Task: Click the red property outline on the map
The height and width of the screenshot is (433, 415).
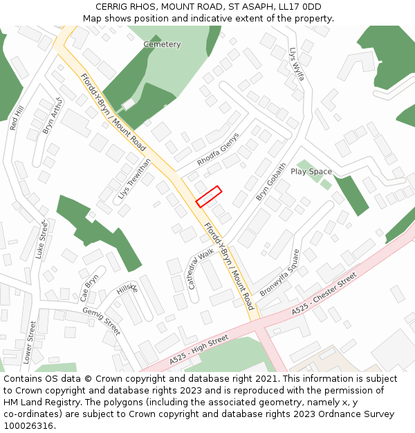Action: point(209,196)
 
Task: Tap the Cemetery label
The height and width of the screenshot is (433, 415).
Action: point(162,44)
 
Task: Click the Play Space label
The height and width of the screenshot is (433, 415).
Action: point(311,171)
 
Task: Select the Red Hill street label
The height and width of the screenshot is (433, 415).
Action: point(17,118)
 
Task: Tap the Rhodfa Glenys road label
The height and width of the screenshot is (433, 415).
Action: point(218,149)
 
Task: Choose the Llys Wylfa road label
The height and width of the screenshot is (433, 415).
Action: point(297,64)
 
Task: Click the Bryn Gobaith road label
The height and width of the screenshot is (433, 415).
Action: point(271,182)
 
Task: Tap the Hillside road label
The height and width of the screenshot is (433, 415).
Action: point(127,289)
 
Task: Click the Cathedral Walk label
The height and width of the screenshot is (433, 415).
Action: point(201,269)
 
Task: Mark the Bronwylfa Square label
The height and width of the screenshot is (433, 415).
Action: point(280,273)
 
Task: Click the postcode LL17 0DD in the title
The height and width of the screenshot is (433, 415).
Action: point(302,6)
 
